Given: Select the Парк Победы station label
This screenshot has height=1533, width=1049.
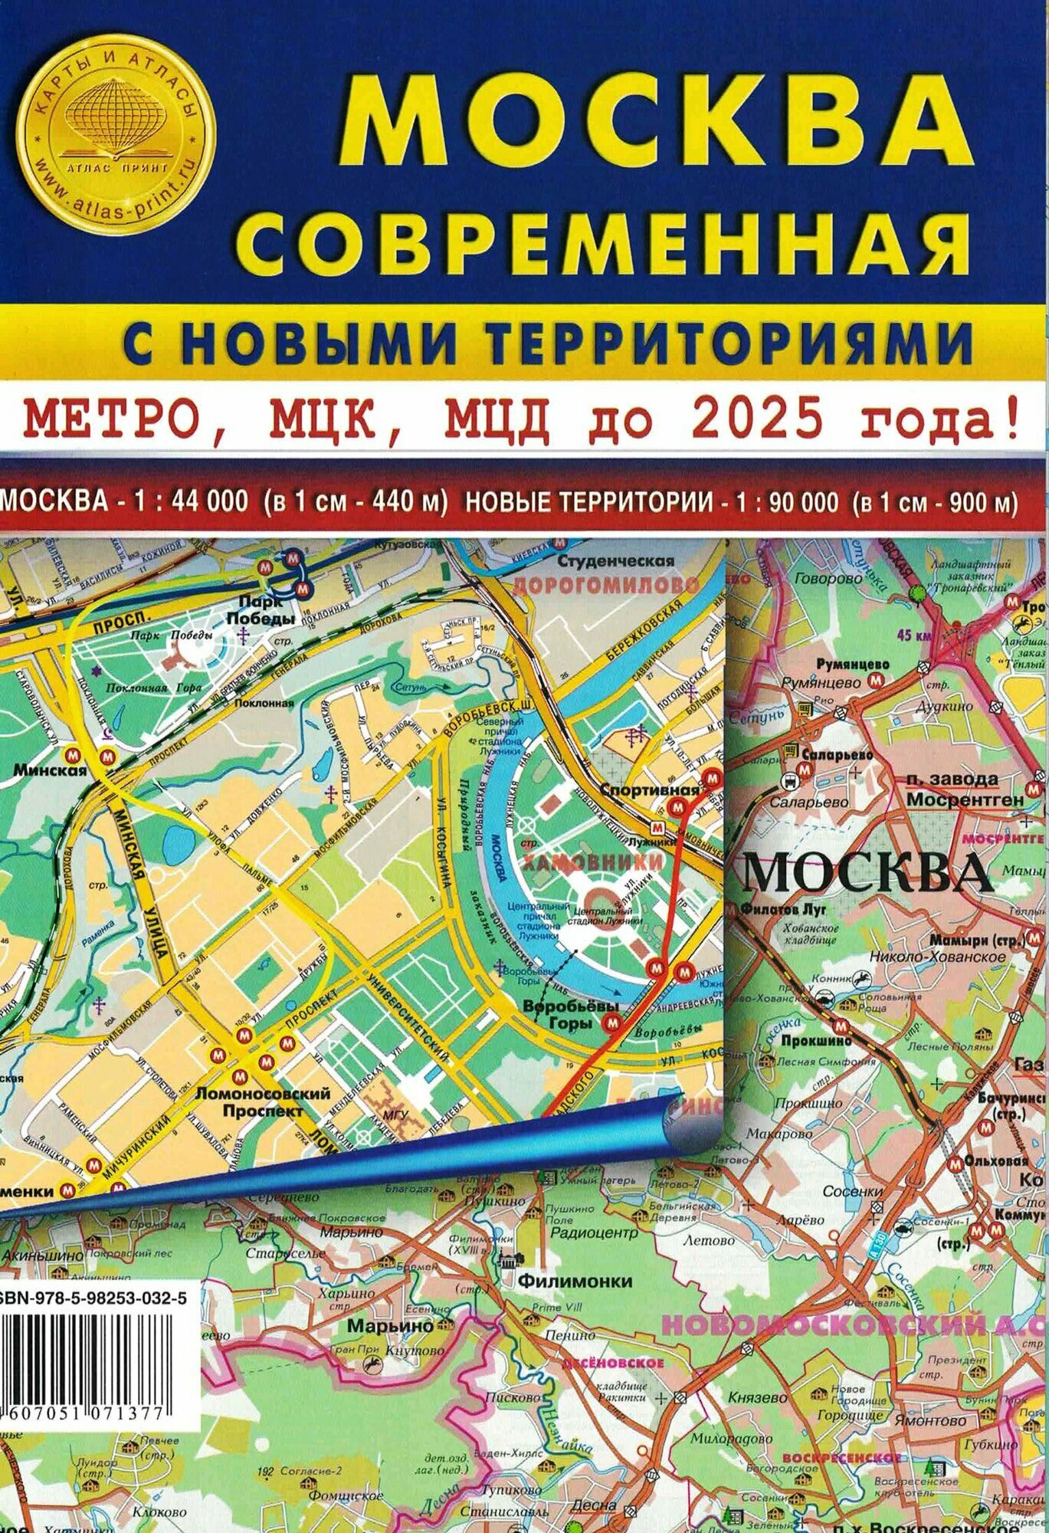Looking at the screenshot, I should click(x=266, y=610).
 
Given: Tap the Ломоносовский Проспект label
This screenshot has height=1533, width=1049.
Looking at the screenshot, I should click(x=263, y=1101).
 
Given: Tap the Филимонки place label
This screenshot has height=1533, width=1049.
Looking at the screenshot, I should click(x=575, y=1280).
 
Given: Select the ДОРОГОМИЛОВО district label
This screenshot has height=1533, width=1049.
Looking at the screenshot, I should click(x=605, y=586).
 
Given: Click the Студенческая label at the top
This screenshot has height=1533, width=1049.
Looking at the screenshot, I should click(x=616, y=561).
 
